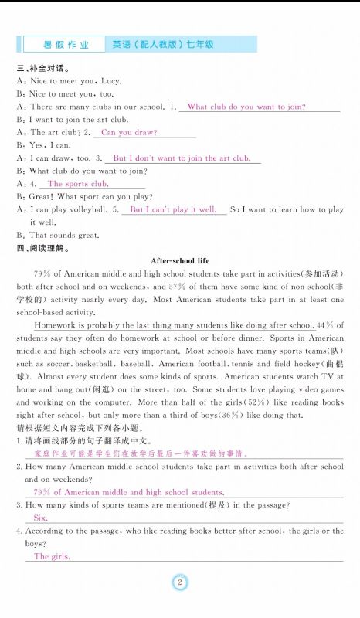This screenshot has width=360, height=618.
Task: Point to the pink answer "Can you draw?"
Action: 129,132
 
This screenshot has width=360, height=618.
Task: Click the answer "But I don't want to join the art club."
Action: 182,158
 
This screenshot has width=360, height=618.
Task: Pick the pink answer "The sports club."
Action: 77,184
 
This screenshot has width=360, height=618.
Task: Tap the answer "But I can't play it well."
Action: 172,209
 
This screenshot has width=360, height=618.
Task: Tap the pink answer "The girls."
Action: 52,556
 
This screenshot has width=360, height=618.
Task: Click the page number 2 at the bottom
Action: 179,582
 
